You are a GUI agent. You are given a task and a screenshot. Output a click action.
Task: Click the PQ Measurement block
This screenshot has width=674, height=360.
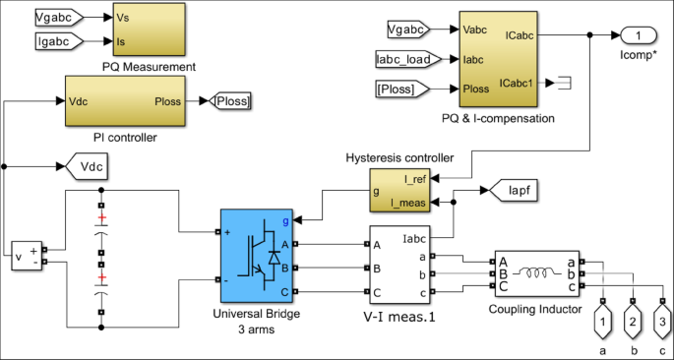click(x=149, y=30)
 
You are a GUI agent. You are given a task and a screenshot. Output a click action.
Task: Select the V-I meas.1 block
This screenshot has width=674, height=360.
click(x=400, y=265)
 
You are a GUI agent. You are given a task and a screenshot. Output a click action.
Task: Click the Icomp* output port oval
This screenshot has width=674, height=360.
click(x=639, y=35)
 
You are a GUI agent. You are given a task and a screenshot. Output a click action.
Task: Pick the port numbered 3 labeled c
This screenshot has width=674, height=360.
click(x=665, y=322)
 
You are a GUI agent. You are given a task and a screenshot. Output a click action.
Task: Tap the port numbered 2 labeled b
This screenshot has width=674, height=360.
click(x=634, y=322)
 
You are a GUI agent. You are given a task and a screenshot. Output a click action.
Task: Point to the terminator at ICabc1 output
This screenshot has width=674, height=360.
click(x=567, y=81)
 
